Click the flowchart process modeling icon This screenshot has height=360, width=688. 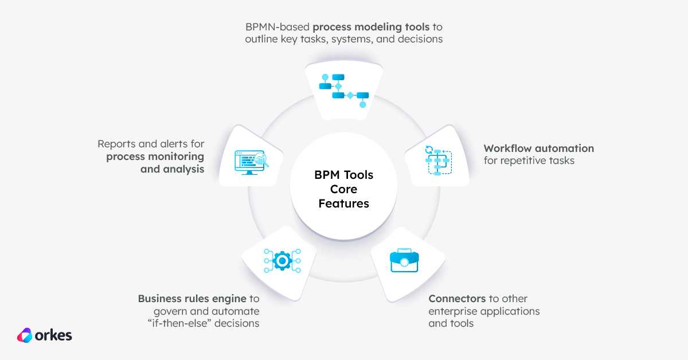[x=344, y=91]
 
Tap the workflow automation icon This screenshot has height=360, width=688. [x=438, y=161]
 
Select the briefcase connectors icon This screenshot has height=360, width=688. [x=404, y=260]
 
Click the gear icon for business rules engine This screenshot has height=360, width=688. [x=282, y=261]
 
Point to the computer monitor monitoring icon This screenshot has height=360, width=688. [x=252, y=162]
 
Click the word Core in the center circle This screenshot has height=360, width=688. [x=343, y=189]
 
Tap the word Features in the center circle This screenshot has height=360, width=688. [x=343, y=204]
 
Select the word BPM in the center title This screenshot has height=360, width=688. [x=326, y=175]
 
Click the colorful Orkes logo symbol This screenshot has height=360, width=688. [x=25, y=335]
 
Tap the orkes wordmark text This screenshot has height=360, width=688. [x=53, y=335]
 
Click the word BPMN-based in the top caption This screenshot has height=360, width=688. [x=277, y=27]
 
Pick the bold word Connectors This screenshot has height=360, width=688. [x=457, y=299]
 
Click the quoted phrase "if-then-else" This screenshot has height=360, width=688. [x=179, y=323]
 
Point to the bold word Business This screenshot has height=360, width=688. [x=160, y=299]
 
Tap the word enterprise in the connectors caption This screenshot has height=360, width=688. [x=453, y=311]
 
